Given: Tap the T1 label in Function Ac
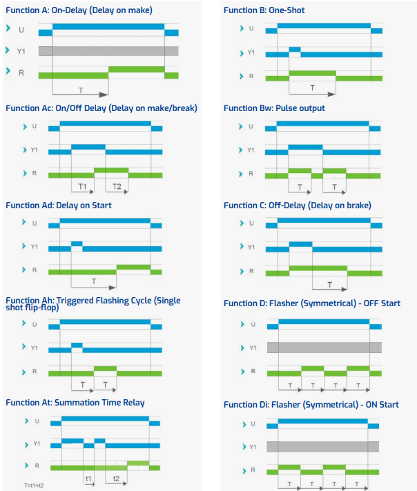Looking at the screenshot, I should (x=82, y=187).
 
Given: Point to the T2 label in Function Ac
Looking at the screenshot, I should (x=117, y=187).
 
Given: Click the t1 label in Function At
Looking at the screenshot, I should (x=88, y=477).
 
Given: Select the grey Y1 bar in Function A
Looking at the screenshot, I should (x=108, y=51).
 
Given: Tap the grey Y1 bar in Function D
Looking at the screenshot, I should (x=324, y=347).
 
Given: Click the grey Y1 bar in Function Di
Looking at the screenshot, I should (x=322, y=446).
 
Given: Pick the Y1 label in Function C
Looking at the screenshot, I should (x=251, y=246).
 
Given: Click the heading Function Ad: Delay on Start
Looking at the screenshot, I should (x=58, y=205).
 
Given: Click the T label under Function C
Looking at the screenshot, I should (x=329, y=284).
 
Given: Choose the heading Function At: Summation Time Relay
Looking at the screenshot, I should (x=75, y=402).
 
